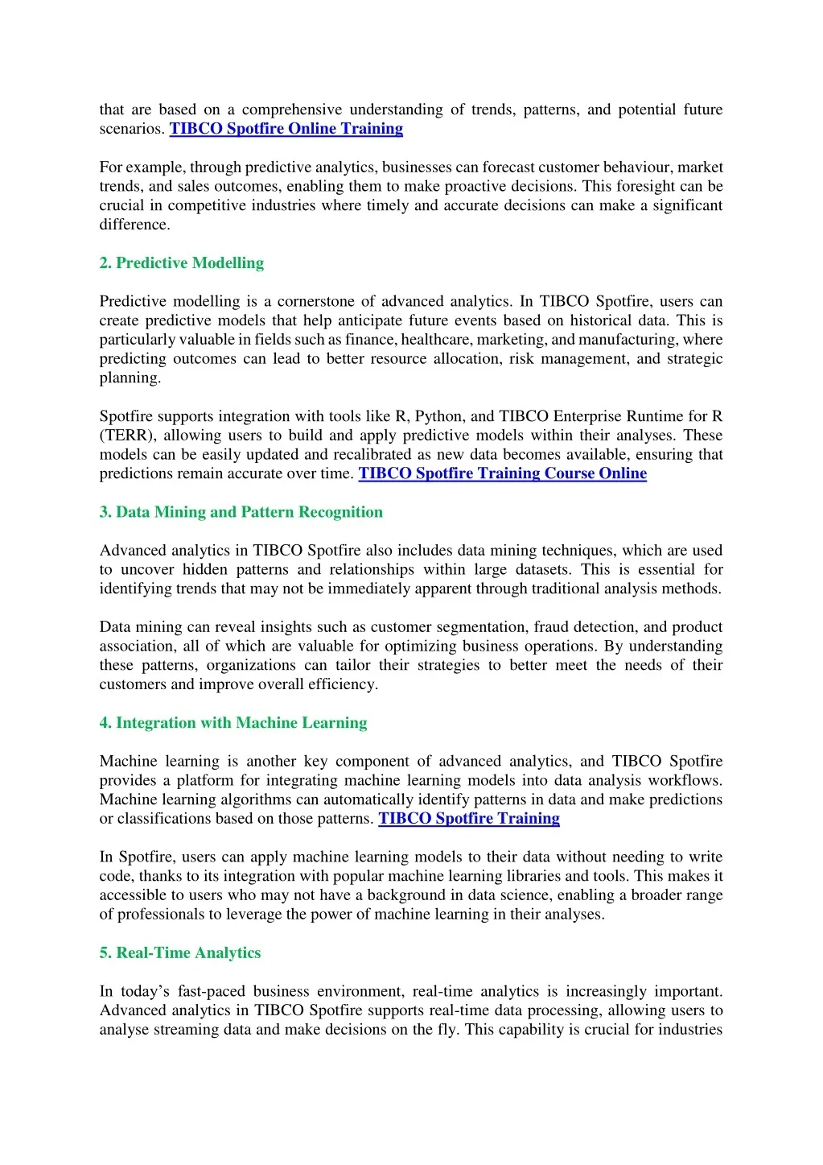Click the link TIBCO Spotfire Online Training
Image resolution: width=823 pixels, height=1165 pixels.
(x=286, y=129)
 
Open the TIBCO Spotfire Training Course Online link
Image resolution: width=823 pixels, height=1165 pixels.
(x=502, y=473)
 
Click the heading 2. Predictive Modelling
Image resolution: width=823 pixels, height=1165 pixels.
(x=181, y=263)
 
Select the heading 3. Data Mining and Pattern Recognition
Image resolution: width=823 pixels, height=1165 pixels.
(x=241, y=512)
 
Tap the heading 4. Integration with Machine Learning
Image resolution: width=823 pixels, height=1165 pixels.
(x=232, y=723)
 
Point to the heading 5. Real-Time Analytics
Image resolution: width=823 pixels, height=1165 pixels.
(x=179, y=953)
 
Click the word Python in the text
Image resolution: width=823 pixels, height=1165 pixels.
(x=438, y=416)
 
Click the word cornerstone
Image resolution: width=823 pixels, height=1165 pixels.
(x=315, y=301)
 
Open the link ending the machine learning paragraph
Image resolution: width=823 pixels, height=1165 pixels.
(x=468, y=819)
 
